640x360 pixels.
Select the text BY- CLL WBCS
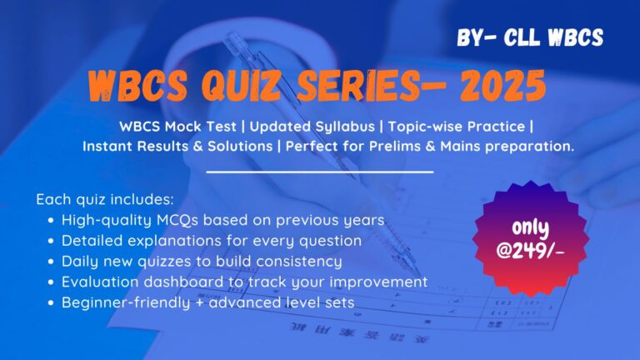(x=530, y=37)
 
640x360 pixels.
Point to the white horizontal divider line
(x=320, y=172)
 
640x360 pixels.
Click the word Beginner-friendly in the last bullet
(x=121, y=302)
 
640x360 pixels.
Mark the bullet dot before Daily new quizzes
(x=52, y=262)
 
